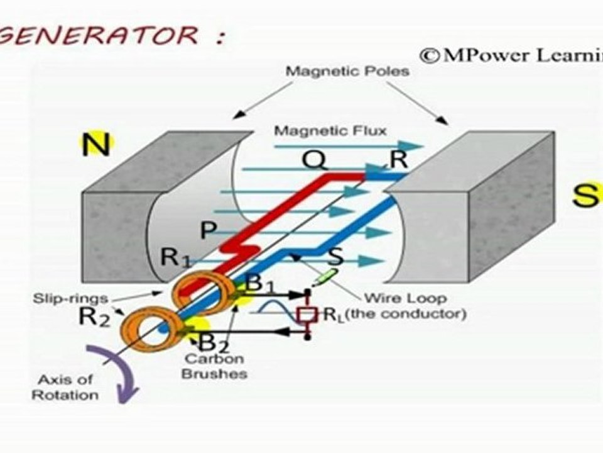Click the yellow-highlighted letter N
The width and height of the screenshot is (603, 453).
click(x=97, y=144)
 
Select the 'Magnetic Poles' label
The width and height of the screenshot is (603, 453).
click(x=347, y=71)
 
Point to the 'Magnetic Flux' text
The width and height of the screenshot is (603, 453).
click(x=330, y=131)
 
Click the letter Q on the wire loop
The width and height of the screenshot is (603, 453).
click(x=315, y=159)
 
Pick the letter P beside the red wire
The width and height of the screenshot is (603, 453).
click(x=209, y=230)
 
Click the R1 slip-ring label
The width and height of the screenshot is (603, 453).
click(x=176, y=257)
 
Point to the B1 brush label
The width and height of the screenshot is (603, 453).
click(x=260, y=284)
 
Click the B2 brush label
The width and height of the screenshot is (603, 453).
click(x=214, y=342)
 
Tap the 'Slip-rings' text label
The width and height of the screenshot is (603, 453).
click(x=70, y=298)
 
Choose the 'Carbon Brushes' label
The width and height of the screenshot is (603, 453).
click(x=214, y=366)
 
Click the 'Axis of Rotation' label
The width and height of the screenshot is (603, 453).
click(x=65, y=387)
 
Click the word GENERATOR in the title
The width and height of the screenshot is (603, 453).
click(x=99, y=36)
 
